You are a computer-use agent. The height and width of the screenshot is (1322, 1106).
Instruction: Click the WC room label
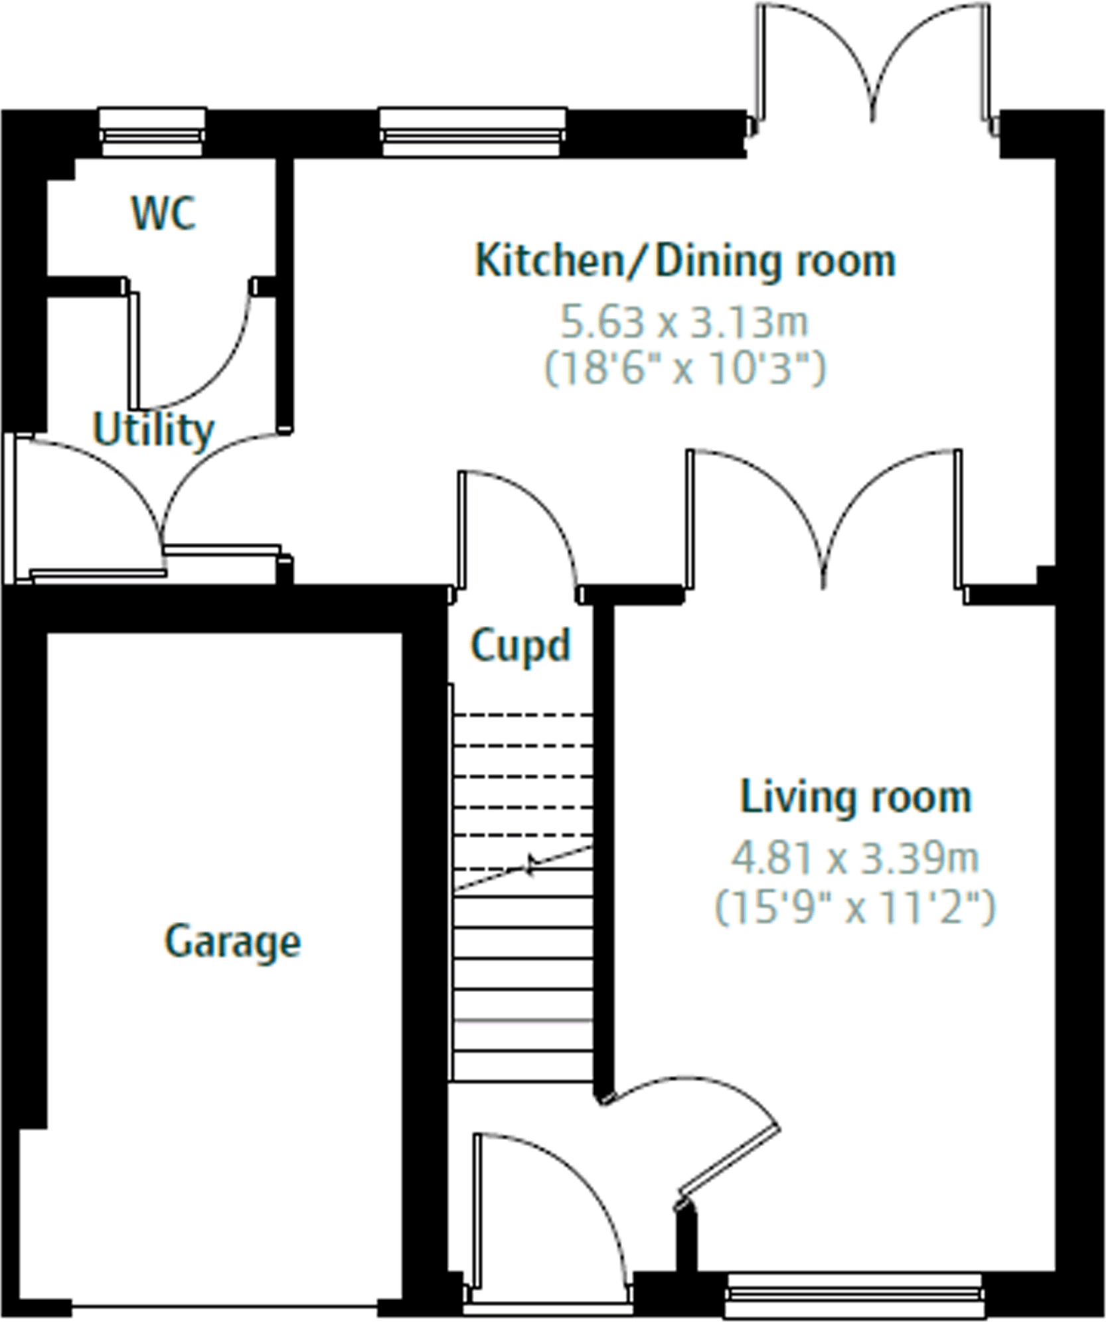(163, 213)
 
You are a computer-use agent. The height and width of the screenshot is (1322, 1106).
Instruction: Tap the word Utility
(153, 430)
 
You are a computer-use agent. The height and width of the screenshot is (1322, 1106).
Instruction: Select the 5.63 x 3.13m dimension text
(685, 323)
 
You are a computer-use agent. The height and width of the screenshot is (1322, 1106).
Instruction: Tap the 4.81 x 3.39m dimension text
(855, 857)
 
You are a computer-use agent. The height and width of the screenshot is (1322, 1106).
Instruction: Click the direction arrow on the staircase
(529, 865)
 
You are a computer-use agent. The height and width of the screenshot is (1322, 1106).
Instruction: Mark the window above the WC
(151, 133)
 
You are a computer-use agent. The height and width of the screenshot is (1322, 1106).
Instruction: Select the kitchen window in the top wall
(473, 133)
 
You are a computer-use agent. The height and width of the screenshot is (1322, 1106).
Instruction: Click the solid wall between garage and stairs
(424, 929)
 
